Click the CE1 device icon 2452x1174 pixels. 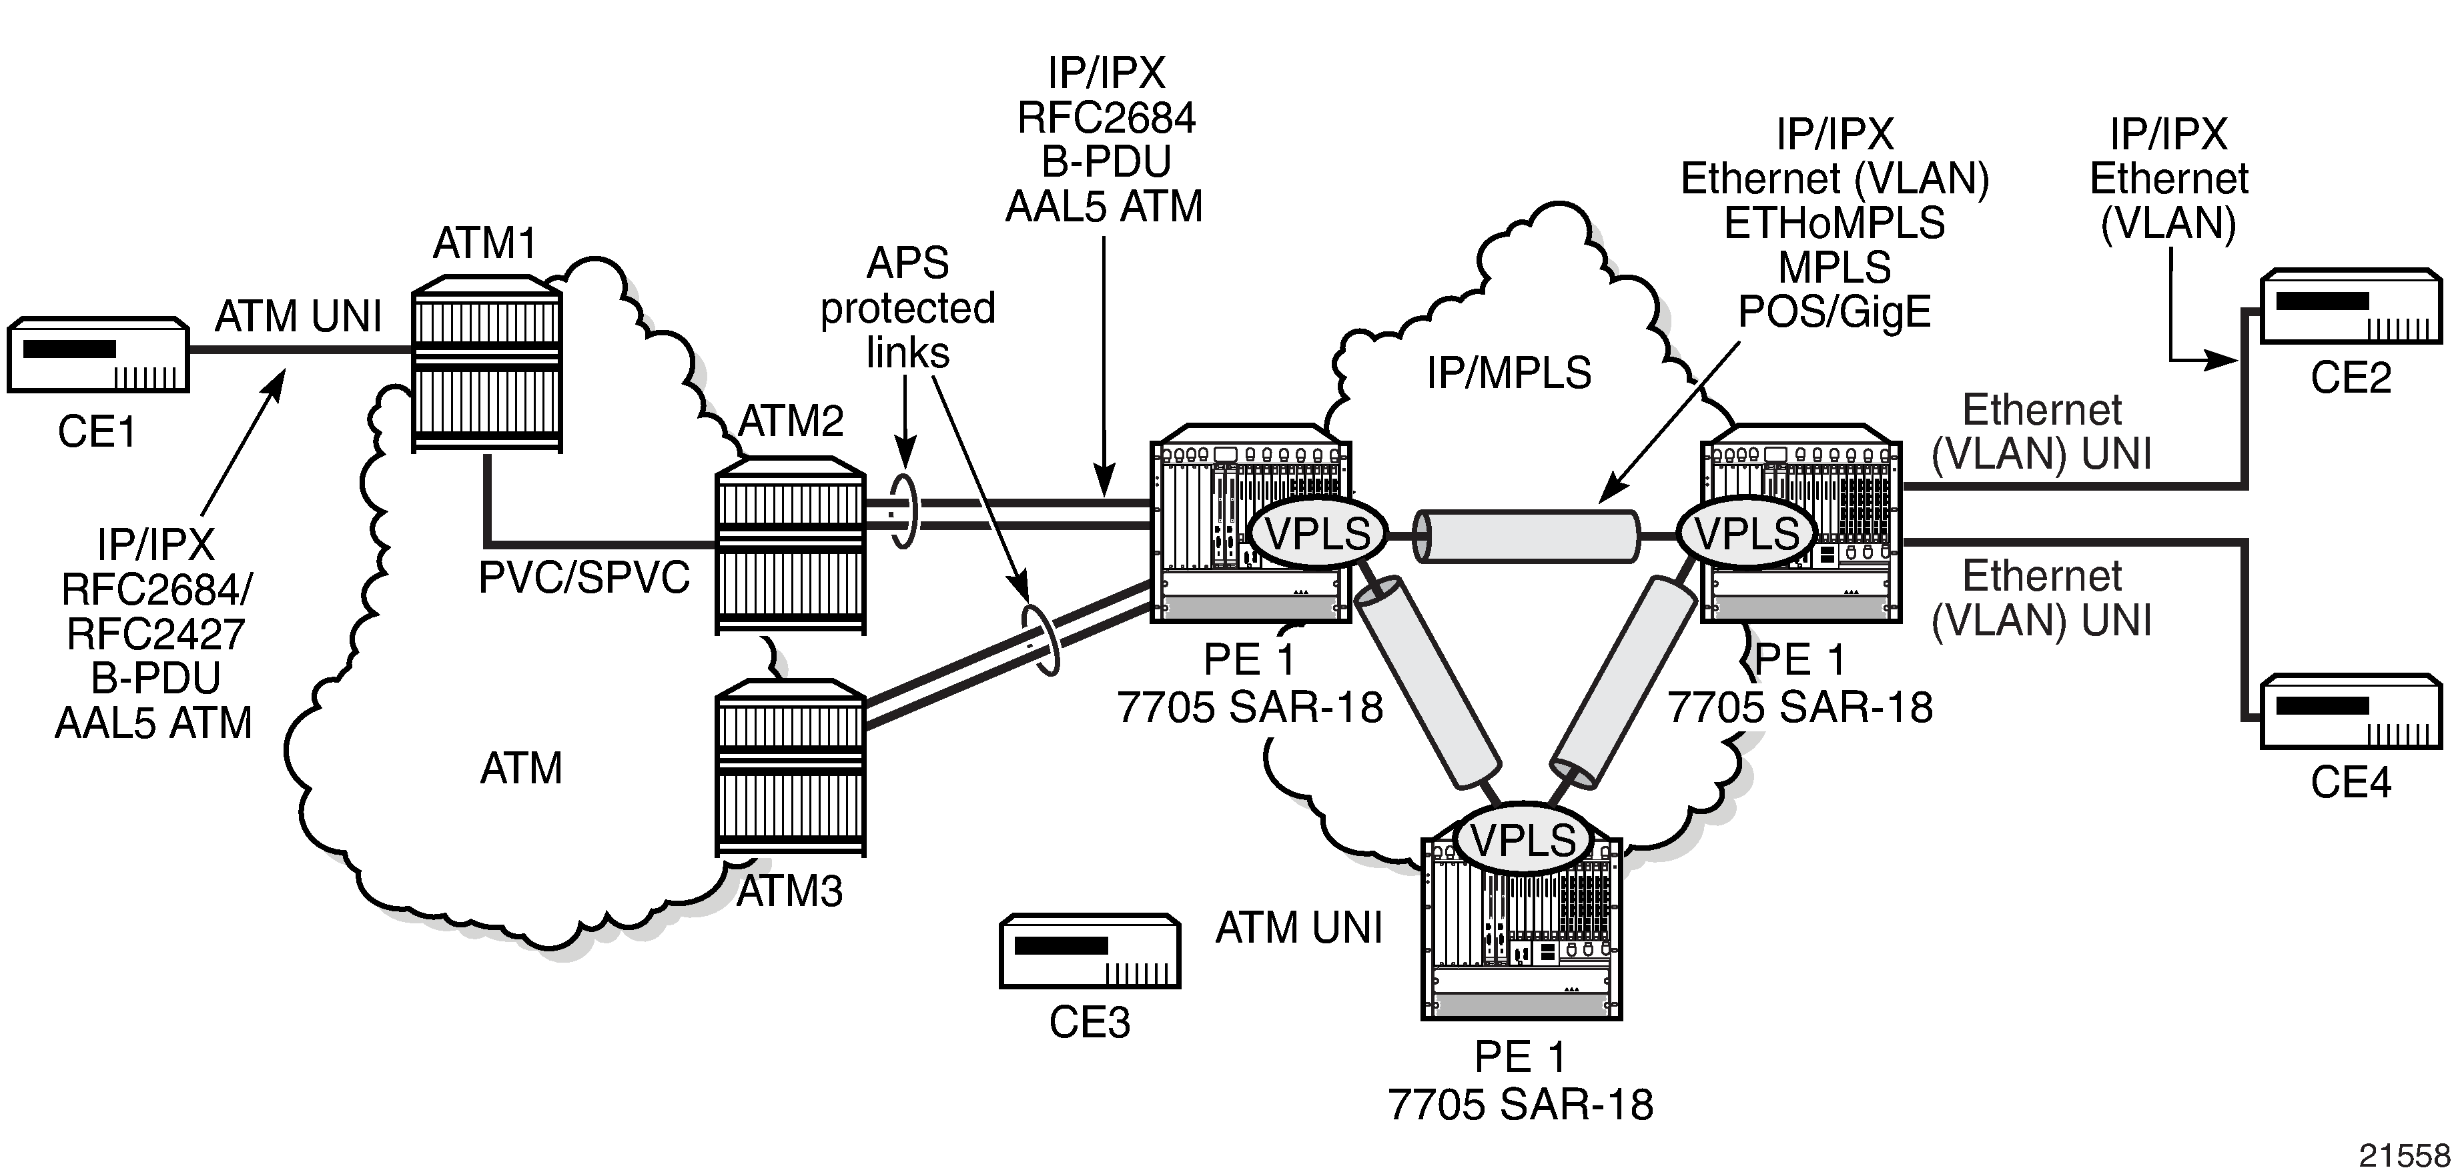tap(98, 355)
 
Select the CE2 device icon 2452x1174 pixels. tap(2351, 307)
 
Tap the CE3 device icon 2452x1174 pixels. tap(1090, 951)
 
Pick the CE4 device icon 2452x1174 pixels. tap(2351, 711)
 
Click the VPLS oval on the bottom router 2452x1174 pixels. tap(1524, 840)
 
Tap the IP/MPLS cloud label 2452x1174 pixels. tap(1509, 373)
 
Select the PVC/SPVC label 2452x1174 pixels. tap(584, 577)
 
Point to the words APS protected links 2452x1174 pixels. tap(907, 307)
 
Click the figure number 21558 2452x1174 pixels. tap(2403, 1155)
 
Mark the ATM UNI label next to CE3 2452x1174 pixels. tap(1298, 927)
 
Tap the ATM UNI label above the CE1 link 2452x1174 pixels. tap(298, 316)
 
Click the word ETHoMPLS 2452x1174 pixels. tap(1834, 223)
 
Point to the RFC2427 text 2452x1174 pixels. tap(155, 633)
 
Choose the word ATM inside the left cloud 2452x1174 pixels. tap(520, 769)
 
